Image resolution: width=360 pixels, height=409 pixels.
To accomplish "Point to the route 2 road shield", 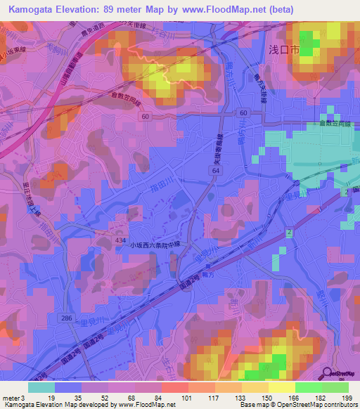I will [288, 231].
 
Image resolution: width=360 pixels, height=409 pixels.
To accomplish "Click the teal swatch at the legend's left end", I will [41, 387].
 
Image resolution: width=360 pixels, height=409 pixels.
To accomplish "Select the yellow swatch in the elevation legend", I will [281, 387].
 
